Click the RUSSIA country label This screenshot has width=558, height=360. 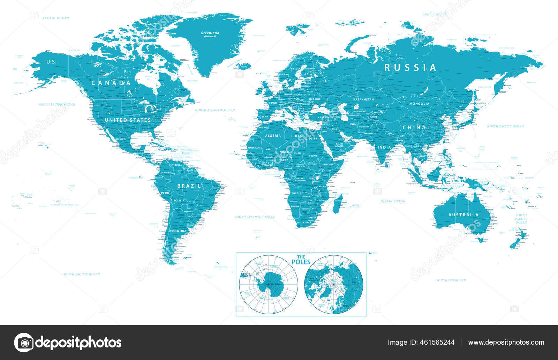pos(410,67)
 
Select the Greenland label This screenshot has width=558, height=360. pos(210,33)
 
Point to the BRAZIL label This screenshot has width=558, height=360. pos(189,186)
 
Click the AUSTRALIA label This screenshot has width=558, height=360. pos(463,215)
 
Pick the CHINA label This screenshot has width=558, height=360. pos(414,128)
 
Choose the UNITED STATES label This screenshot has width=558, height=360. pos(128,120)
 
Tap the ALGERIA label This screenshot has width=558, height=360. pos(273,136)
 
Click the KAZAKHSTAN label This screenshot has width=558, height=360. pos(363,99)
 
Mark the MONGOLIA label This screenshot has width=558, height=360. pos(420,104)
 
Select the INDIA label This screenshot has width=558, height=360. pos(384,147)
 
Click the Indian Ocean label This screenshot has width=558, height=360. pos(393,201)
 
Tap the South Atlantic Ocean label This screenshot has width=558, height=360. pos(255,217)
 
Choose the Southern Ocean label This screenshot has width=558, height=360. pos(451,280)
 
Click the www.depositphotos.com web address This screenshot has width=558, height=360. pos(506,342)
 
